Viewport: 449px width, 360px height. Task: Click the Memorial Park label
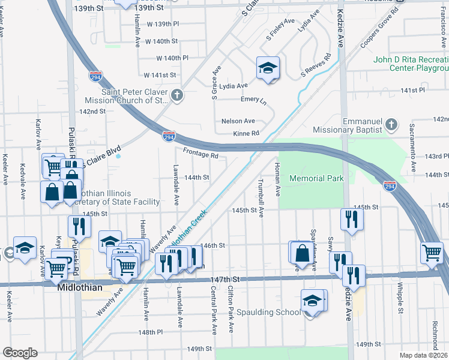pos(316,178)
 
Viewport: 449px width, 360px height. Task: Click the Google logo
pos(20,353)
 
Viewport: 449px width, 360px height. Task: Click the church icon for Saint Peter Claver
pos(176,95)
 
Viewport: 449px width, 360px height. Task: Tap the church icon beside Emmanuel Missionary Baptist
pos(391,125)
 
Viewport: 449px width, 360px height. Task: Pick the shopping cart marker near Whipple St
pos(432,253)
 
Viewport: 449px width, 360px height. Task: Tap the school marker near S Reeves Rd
pos(268,68)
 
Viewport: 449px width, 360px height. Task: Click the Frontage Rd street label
pos(200,153)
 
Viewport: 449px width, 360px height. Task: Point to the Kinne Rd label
pos(246,133)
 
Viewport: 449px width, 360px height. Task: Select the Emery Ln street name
pos(253,99)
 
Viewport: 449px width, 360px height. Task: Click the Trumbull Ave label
pos(261,199)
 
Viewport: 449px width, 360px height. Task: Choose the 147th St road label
pos(228,280)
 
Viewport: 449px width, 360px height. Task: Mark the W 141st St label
pos(160,75)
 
